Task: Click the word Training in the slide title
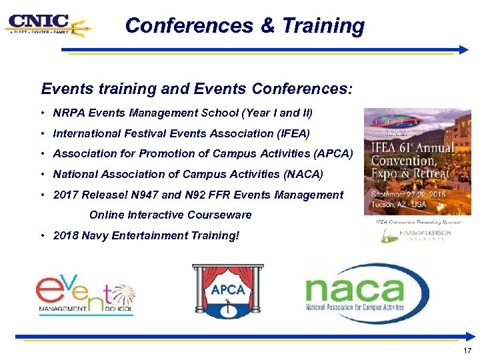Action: click(x=323, y=26)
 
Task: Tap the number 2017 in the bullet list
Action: click(x=65, y=195)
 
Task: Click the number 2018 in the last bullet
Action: click(x=65, y=235)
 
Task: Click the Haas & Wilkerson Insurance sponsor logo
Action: click(x=417, y=235)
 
